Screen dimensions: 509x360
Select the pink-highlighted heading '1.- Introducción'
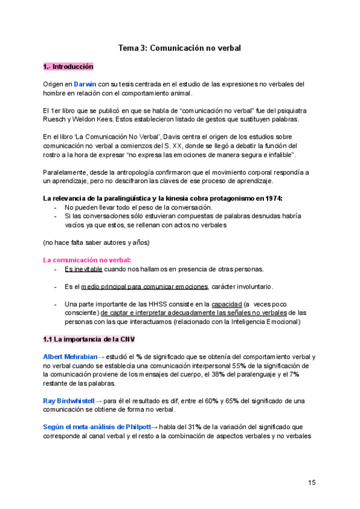coord(68,67)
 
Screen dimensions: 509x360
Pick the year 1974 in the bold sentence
coord(271,199)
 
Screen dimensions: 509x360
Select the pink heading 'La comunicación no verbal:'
coord(88,260)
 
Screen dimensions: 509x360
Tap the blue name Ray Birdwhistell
coord(72,400)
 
